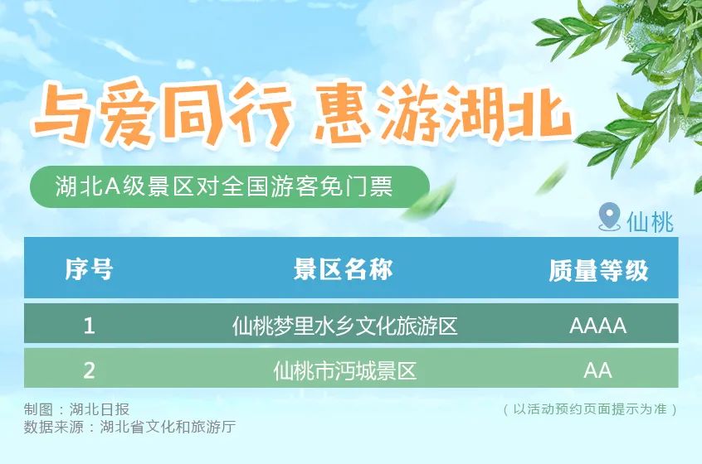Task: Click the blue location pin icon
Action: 609,218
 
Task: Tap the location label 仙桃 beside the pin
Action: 650,221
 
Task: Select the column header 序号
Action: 89,269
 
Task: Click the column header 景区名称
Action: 344,269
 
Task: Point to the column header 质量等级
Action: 597,270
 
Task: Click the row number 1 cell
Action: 89,325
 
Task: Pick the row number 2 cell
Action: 89,370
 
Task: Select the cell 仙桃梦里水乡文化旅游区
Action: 344,325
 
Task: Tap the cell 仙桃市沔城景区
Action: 344,370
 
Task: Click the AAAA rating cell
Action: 597,325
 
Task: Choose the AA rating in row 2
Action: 597,370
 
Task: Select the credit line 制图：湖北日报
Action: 76,409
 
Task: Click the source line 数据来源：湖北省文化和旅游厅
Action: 130,428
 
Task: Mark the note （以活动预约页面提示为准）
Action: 591,409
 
